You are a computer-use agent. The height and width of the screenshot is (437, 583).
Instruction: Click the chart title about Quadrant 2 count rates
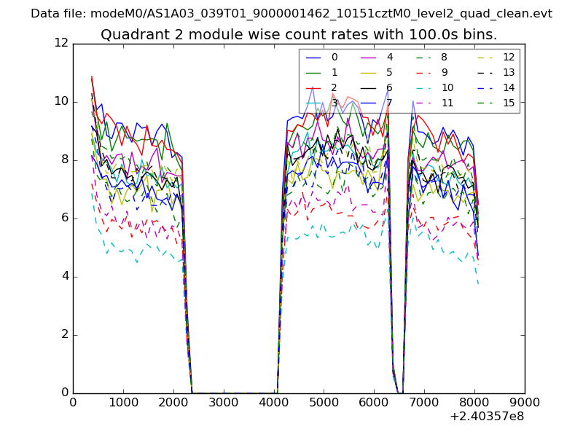[x=299, y=34]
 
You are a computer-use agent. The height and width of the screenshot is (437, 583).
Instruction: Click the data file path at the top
[x=291, y=13]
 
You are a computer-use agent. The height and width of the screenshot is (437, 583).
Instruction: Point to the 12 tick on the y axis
[x=61, y=44]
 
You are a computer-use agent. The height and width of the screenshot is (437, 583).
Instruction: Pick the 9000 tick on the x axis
[x=525, y=402]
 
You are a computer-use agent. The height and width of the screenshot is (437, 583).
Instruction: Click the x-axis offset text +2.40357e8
[x=487, y=417]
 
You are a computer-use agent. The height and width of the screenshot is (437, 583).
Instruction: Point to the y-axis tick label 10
[x=61, y=102]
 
